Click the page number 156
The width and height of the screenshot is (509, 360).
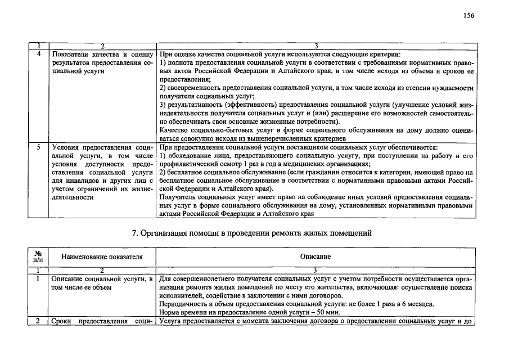(x=469, y=15)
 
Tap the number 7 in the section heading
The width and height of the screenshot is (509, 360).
(x=134, y=233)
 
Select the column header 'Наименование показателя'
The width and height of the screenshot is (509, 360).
(x=102, y=256)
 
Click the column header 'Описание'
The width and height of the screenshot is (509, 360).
(x=316, y=256)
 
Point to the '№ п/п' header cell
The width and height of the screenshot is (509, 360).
(x=38, y=256)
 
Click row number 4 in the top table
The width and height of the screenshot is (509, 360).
(x=38, y=55)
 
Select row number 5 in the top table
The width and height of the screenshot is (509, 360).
(x=38, y=147)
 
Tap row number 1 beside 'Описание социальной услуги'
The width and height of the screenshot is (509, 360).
(x=38, y=278)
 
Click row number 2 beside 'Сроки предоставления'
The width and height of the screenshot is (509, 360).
(x=38, y=322)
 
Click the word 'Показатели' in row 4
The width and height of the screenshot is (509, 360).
(x=69, y=55)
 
